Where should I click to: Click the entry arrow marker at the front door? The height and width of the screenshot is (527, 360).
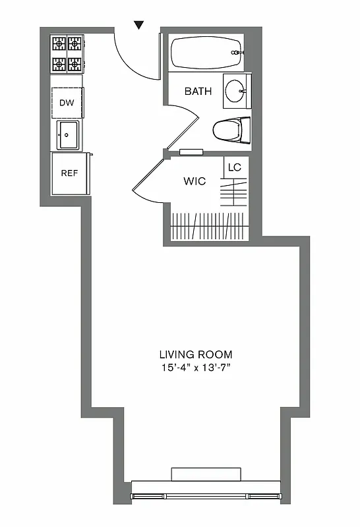[138, 25]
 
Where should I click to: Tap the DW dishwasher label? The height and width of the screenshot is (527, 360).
[67, 102]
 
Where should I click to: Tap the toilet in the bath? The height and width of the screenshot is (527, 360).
[231, 130]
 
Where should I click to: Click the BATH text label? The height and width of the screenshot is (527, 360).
[198, 92]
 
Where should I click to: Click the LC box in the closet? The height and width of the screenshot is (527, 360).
[235, 167]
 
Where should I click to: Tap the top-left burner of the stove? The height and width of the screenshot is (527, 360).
[59, 44]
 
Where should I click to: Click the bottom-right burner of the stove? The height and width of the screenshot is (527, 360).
[75, 64]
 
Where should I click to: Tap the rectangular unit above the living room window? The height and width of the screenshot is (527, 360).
[206, 474]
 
